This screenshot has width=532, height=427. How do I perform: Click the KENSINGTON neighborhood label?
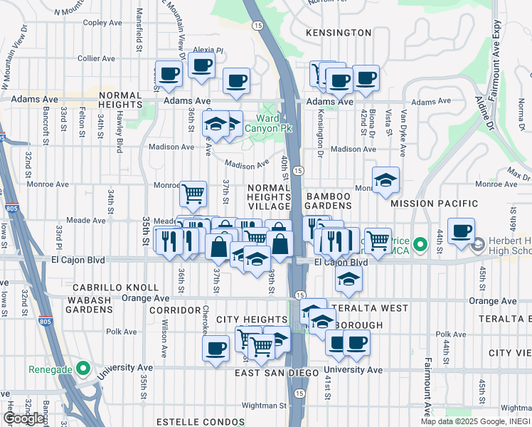[339, 33]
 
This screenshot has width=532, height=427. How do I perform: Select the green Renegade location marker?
[83, 369]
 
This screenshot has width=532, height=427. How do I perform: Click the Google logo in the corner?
[23, 418]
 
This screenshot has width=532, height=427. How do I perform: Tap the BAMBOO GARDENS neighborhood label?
[329, 201]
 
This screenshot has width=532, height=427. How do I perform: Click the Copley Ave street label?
[104, 22]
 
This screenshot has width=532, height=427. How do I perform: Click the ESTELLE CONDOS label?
[180, 422]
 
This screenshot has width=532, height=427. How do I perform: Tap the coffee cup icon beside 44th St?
[461, 232]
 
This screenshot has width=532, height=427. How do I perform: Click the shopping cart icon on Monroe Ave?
[193, 194]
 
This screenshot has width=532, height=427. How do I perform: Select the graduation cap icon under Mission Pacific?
[385, 181]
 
